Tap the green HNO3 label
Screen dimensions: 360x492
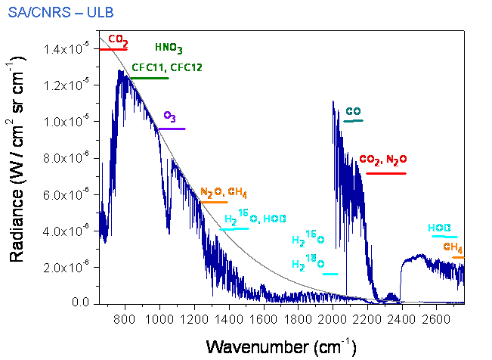(169, 48)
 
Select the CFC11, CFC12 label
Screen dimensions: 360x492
(167, 67)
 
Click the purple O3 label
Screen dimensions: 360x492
(170, 117)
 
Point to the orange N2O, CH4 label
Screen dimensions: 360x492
(224, 192)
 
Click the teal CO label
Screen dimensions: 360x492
(353, 111)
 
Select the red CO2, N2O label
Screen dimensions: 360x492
(383, 160)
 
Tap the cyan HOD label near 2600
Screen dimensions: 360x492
(440, 228)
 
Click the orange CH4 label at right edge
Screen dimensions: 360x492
(453, 247)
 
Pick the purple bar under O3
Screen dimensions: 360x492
(172, 129)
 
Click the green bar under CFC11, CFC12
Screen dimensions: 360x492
(150, 77)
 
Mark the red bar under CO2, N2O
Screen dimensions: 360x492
(385, 173)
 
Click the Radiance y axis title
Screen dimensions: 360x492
(20, 174)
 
